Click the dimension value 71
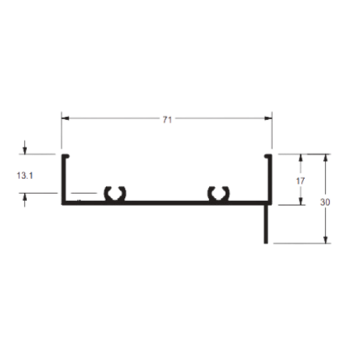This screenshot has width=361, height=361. [167, 120]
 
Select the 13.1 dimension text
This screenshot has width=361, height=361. [25, 175]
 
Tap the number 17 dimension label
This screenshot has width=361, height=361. [301, 181]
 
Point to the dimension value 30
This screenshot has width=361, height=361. [325, 202]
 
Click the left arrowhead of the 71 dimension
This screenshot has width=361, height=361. [65, 118]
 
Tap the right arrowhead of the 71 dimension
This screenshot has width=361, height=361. [268, 118]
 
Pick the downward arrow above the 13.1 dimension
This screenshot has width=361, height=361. [25, 147]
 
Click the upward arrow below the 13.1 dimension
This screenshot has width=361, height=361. [25, 200]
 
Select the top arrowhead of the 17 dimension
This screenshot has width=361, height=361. [301, 158]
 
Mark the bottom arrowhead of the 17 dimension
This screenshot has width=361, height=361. [301, 201]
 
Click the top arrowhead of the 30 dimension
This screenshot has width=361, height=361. [325, 158]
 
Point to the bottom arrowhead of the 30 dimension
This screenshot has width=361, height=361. [325, 239]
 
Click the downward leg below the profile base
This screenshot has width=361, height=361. [266, 224]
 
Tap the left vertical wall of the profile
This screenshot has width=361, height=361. [64, 179]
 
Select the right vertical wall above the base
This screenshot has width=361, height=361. [270, 179]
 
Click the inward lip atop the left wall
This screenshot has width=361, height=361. [65, 156]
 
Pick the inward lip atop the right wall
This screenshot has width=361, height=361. [269, 156]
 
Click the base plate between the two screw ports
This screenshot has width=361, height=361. [166, 202]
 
